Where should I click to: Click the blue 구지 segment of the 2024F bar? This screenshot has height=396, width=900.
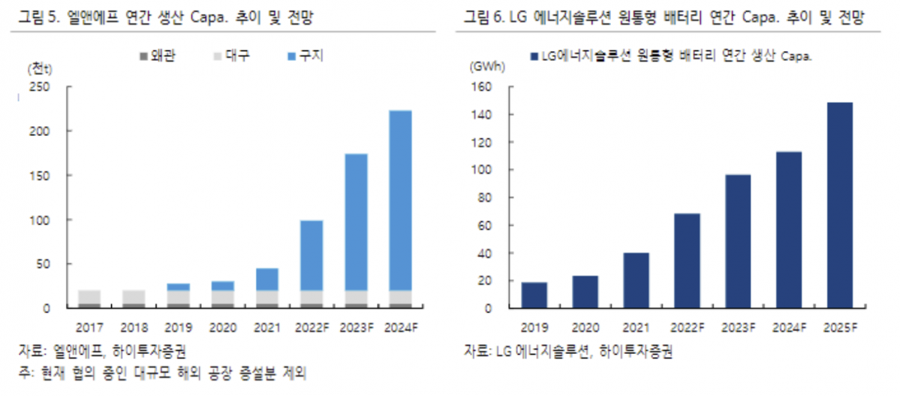400,199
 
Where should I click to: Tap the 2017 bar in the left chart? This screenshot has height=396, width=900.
89,298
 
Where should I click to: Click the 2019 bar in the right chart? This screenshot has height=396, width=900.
534,295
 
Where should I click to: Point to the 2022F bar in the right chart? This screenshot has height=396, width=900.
687,261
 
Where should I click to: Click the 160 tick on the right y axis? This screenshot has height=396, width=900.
481,87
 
